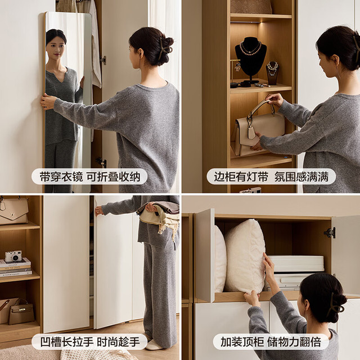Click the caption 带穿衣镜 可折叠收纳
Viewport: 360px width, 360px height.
click(x=90, y=177)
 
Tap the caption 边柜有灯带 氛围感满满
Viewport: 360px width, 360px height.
click(x=271, y=177)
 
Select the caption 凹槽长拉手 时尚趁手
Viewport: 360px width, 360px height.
click(x=90, y=342)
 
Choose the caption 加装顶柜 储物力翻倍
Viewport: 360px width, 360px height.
click(x=271, y=342)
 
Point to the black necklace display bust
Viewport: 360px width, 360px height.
click(x=250, y=59)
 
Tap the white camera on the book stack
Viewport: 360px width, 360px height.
click(x=13, y=256)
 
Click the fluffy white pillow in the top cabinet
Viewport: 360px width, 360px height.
click(x=245, y=256)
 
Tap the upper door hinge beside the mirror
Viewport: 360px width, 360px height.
click(x=103, y=60)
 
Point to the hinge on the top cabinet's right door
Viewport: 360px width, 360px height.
click(x=330, y=233)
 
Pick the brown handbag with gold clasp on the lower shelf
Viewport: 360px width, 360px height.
click(x=21, y=312)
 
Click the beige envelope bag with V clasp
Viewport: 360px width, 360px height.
click(x=13, y=211)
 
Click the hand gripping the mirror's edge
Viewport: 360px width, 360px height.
click(x=48, y=102)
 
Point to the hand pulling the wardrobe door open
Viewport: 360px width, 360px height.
click(x=99, y=211)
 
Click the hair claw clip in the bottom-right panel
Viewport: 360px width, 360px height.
click(x=336, y=303)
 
